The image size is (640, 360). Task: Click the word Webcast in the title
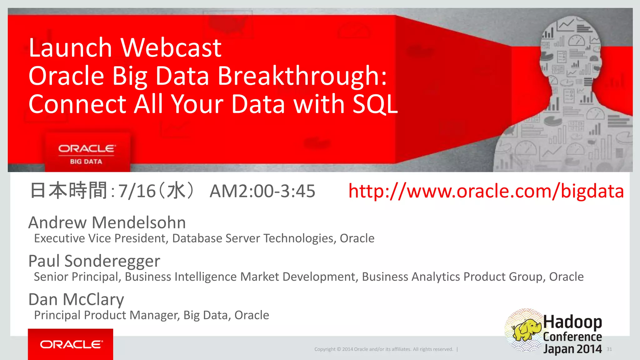click(x=171, y=48)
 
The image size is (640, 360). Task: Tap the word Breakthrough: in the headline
click(x=302, y=76)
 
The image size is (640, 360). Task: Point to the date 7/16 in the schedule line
click(x=137, y=191)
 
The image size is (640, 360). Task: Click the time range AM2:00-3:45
click(x=262, y=191)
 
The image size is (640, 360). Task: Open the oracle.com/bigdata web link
click(x=486, y=191)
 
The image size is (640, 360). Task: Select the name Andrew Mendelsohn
click(x=107, y=223)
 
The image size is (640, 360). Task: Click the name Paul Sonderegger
click(x=94, y=261)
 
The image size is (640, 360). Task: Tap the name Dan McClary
click(x=76, y=299)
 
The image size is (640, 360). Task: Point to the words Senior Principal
click(x=77, y=277)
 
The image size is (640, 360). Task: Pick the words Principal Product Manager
click(x=106, y=315)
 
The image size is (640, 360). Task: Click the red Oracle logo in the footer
click(x=71, y=344)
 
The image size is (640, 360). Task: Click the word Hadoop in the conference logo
click(x=572, y=322)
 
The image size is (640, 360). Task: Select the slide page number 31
click(x=609, y=349)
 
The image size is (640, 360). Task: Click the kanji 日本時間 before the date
click(x=68, y=191)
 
